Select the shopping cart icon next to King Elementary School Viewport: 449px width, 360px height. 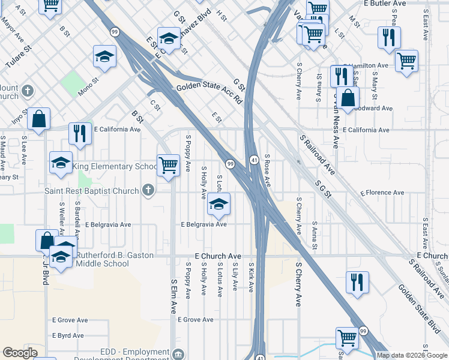click(169, 164)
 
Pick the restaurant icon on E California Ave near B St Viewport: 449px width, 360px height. click(80, 133)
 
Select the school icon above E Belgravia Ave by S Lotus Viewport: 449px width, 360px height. click(218, 205)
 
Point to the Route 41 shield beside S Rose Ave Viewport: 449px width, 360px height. click(254, 160)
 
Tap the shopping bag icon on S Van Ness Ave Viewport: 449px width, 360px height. click(348, 98)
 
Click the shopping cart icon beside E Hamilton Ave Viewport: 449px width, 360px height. click(406, 61)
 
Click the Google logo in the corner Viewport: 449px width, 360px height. click(20, 353)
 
